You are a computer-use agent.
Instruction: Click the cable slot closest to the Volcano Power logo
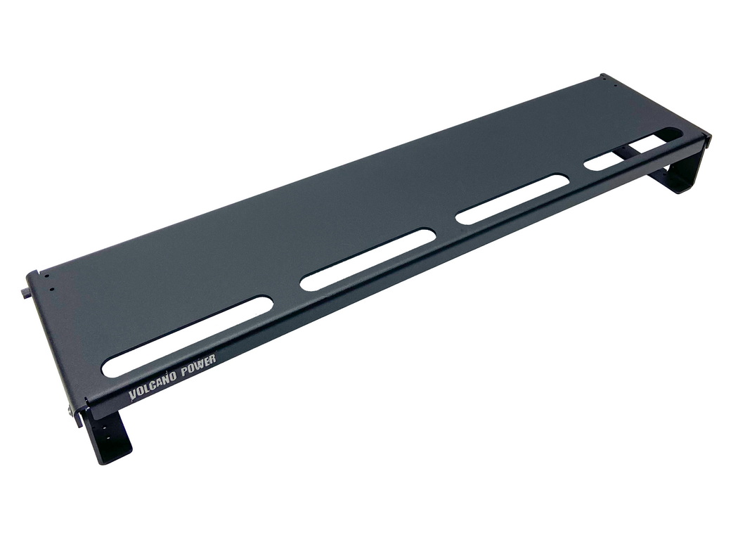188,336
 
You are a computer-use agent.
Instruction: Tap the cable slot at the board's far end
633,150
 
